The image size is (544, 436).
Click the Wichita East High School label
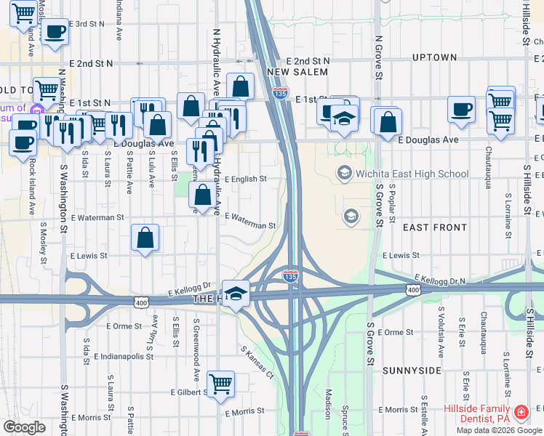click(412, 174)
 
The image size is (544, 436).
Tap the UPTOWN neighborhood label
click(435, 57)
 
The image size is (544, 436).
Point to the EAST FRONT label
click(435, 227)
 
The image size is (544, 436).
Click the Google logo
click(25, 427)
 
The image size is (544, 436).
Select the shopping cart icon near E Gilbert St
click(220, 383)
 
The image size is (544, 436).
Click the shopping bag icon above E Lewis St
click(145, 237)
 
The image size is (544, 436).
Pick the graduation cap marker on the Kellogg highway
click(235, 294)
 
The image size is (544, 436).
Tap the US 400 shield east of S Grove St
click(413, 290)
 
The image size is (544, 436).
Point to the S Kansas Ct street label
click(258, 362)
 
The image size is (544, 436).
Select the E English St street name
click(245, 179)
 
